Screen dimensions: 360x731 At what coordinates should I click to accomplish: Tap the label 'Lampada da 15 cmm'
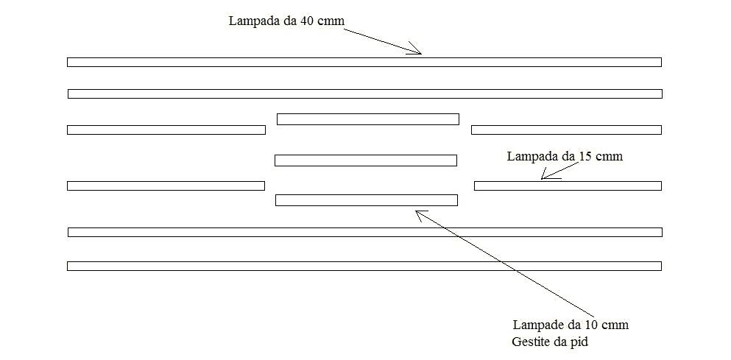pos(565,157)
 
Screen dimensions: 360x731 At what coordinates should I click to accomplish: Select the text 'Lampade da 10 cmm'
pos(571,325)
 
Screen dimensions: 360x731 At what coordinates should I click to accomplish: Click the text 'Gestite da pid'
pos(550,342)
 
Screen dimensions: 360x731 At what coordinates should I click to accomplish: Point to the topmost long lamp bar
pos(364,62)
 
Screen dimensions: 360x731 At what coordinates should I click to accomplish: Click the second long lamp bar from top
pos(364,93)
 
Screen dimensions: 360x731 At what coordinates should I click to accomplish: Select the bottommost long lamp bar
pos(364,266)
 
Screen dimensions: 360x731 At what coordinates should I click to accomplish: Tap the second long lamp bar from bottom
pos(364,232)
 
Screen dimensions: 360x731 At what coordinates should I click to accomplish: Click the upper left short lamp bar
pos(166,130)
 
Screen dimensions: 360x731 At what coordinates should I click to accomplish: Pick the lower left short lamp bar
pos(166,186)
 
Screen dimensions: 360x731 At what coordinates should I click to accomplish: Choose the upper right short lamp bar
pos(566,130)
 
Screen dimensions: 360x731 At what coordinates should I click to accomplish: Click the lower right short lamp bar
pos(568,186)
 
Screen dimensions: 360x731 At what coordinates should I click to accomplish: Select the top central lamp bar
pos(368,119)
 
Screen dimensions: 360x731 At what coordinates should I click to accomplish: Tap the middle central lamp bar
pos(366,160)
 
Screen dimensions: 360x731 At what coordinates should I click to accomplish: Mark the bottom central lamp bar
pos(367,200)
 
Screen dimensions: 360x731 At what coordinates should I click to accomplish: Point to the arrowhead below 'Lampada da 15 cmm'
pos(543,177)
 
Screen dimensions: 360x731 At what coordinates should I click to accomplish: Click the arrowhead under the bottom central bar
pos(417,212)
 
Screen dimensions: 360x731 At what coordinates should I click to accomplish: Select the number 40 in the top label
pos(308,21)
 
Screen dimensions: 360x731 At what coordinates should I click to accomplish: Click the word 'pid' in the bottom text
pos(579,342)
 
